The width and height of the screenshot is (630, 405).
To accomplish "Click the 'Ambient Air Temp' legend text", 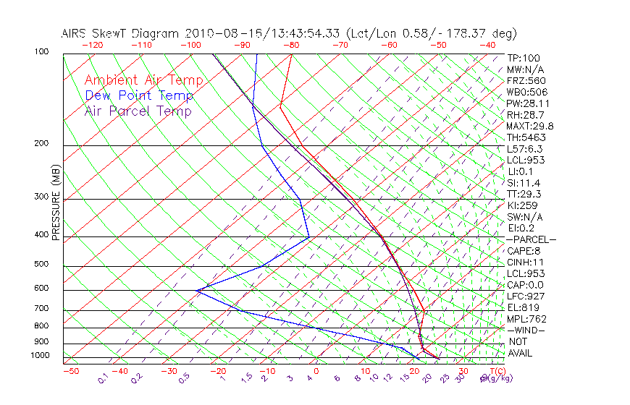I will click(x=143, y=80).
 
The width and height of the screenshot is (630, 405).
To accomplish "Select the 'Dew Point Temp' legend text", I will click(x=139, y=95).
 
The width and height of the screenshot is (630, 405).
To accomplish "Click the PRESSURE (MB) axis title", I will click(x=56, y=203).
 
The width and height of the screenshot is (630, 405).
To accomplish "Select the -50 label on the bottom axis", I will click(x=71, y=371).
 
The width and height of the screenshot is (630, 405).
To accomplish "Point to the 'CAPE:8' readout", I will click(x=525, y=250).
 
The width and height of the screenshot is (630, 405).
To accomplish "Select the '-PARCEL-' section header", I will click(x=531, y=239).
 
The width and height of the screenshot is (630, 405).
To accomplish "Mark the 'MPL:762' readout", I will click(x=526, y=318).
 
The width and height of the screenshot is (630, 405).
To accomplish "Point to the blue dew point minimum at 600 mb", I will click(x=196, y=290).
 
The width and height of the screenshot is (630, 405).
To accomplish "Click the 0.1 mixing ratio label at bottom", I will click(x=103, y=378).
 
